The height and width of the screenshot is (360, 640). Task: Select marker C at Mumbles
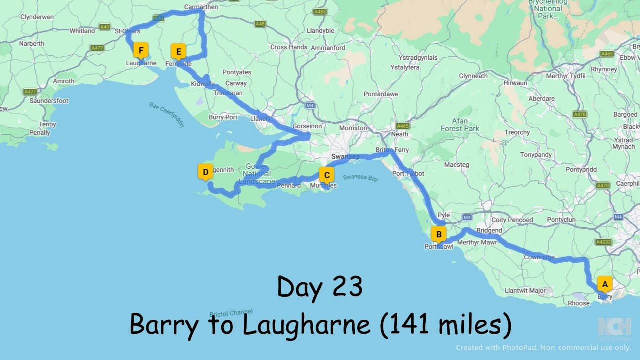(326, 175)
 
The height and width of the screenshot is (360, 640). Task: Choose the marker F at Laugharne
(141, 50)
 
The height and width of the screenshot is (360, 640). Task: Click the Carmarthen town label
(201, 7)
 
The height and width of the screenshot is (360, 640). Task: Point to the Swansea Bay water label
(360, 178)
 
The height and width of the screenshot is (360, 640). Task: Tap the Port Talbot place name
(408, 174)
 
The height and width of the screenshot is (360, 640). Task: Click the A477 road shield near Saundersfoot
(30, 92)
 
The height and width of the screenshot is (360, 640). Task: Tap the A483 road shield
(320, 11)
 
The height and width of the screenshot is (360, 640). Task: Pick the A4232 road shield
(604, 242)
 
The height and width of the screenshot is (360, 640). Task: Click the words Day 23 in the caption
(320, 287)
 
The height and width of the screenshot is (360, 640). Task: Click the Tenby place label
(47, 124)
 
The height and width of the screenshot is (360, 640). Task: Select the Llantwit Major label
(525, 291)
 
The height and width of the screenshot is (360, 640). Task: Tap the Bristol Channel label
(231, 312)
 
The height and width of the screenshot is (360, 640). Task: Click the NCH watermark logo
(614, 327)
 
